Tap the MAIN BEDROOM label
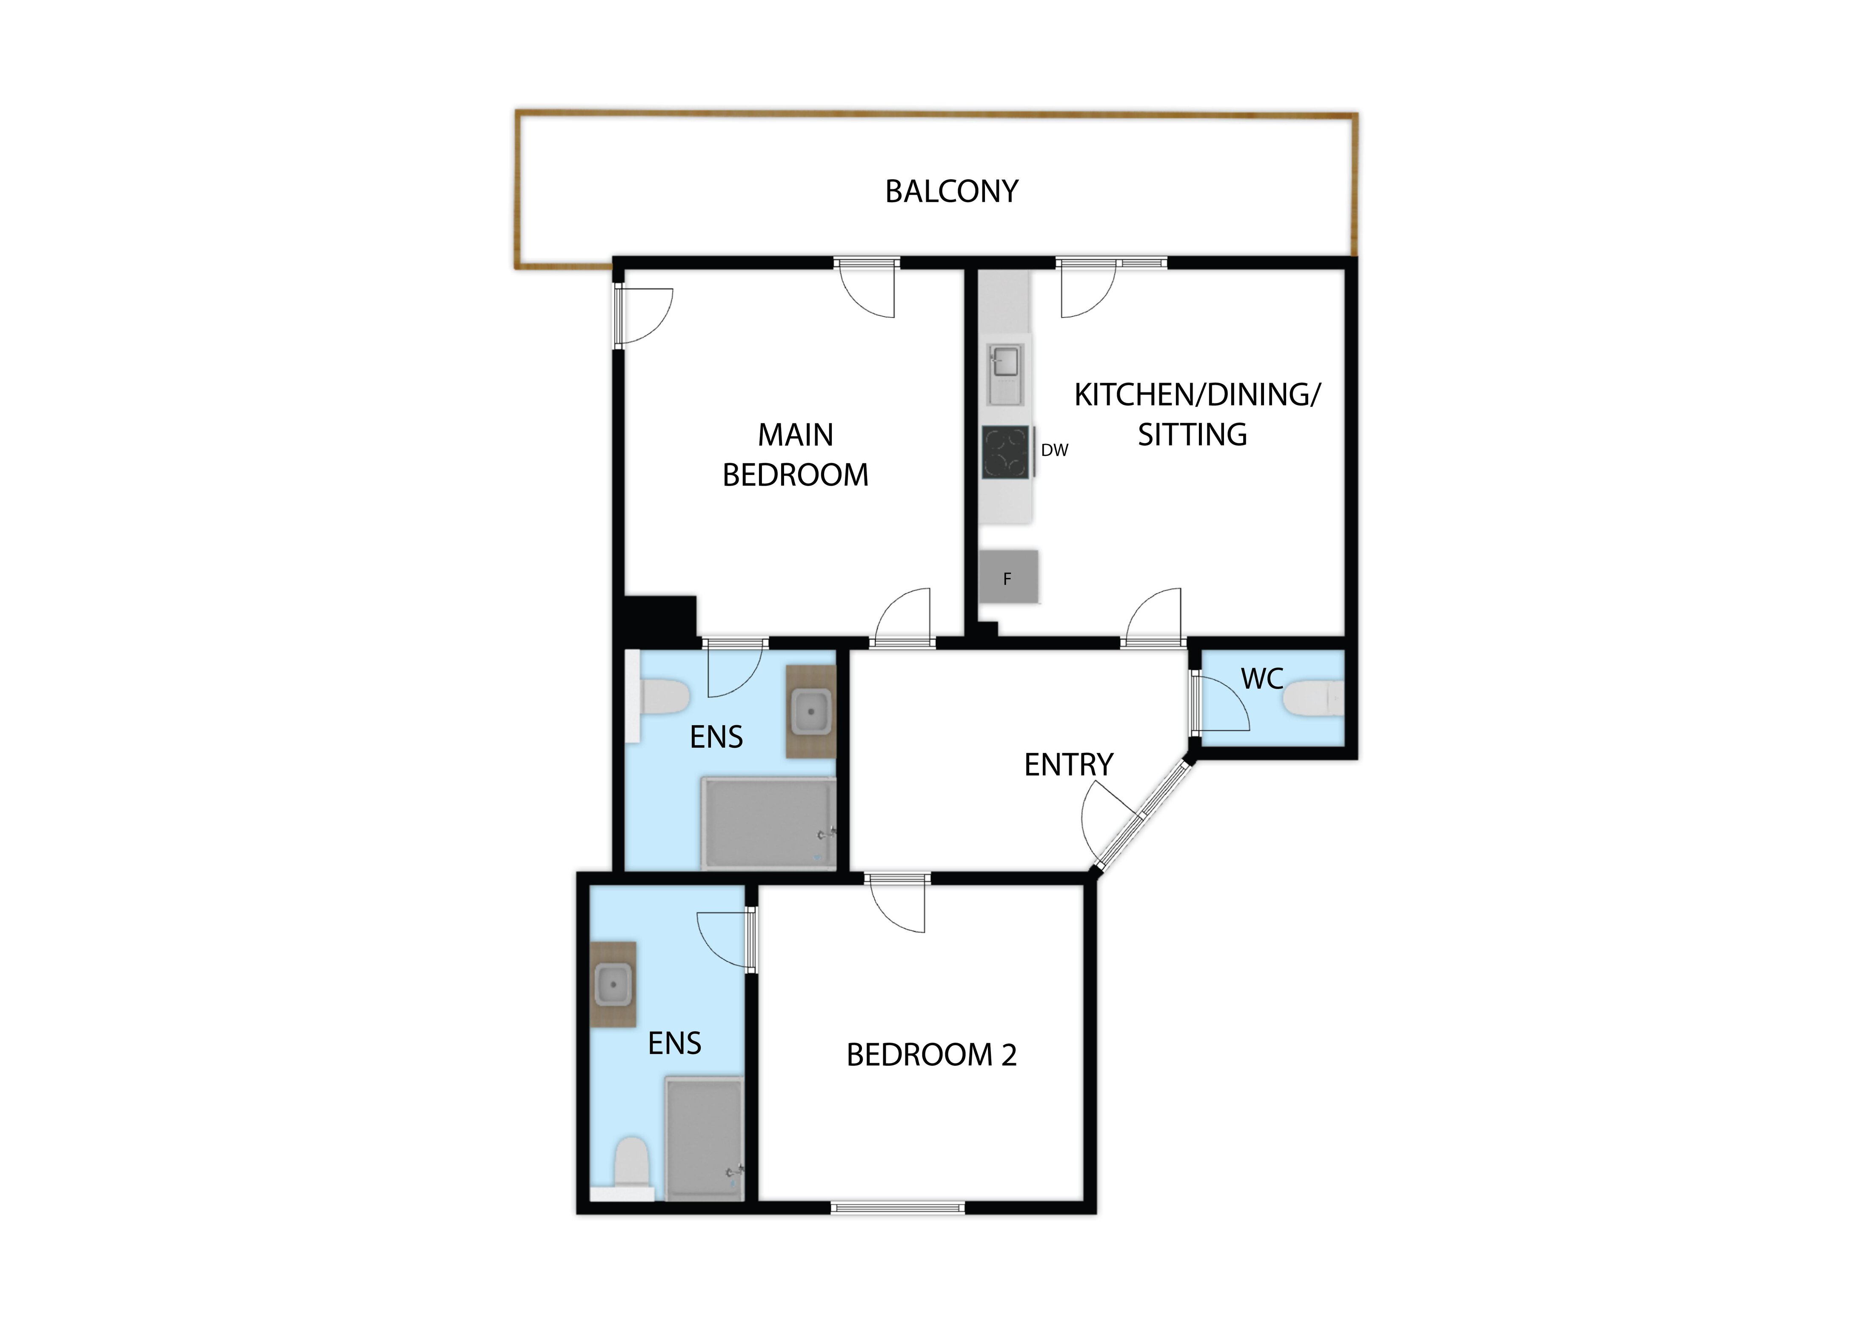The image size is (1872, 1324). (x=796, y=455)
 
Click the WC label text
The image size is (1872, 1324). (x=1262, y=679)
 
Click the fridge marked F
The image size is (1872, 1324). (x=1009, y=578)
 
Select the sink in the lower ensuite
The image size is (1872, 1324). (x=613, y=985)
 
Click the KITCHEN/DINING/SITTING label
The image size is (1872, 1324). (x=1196, y=415)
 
